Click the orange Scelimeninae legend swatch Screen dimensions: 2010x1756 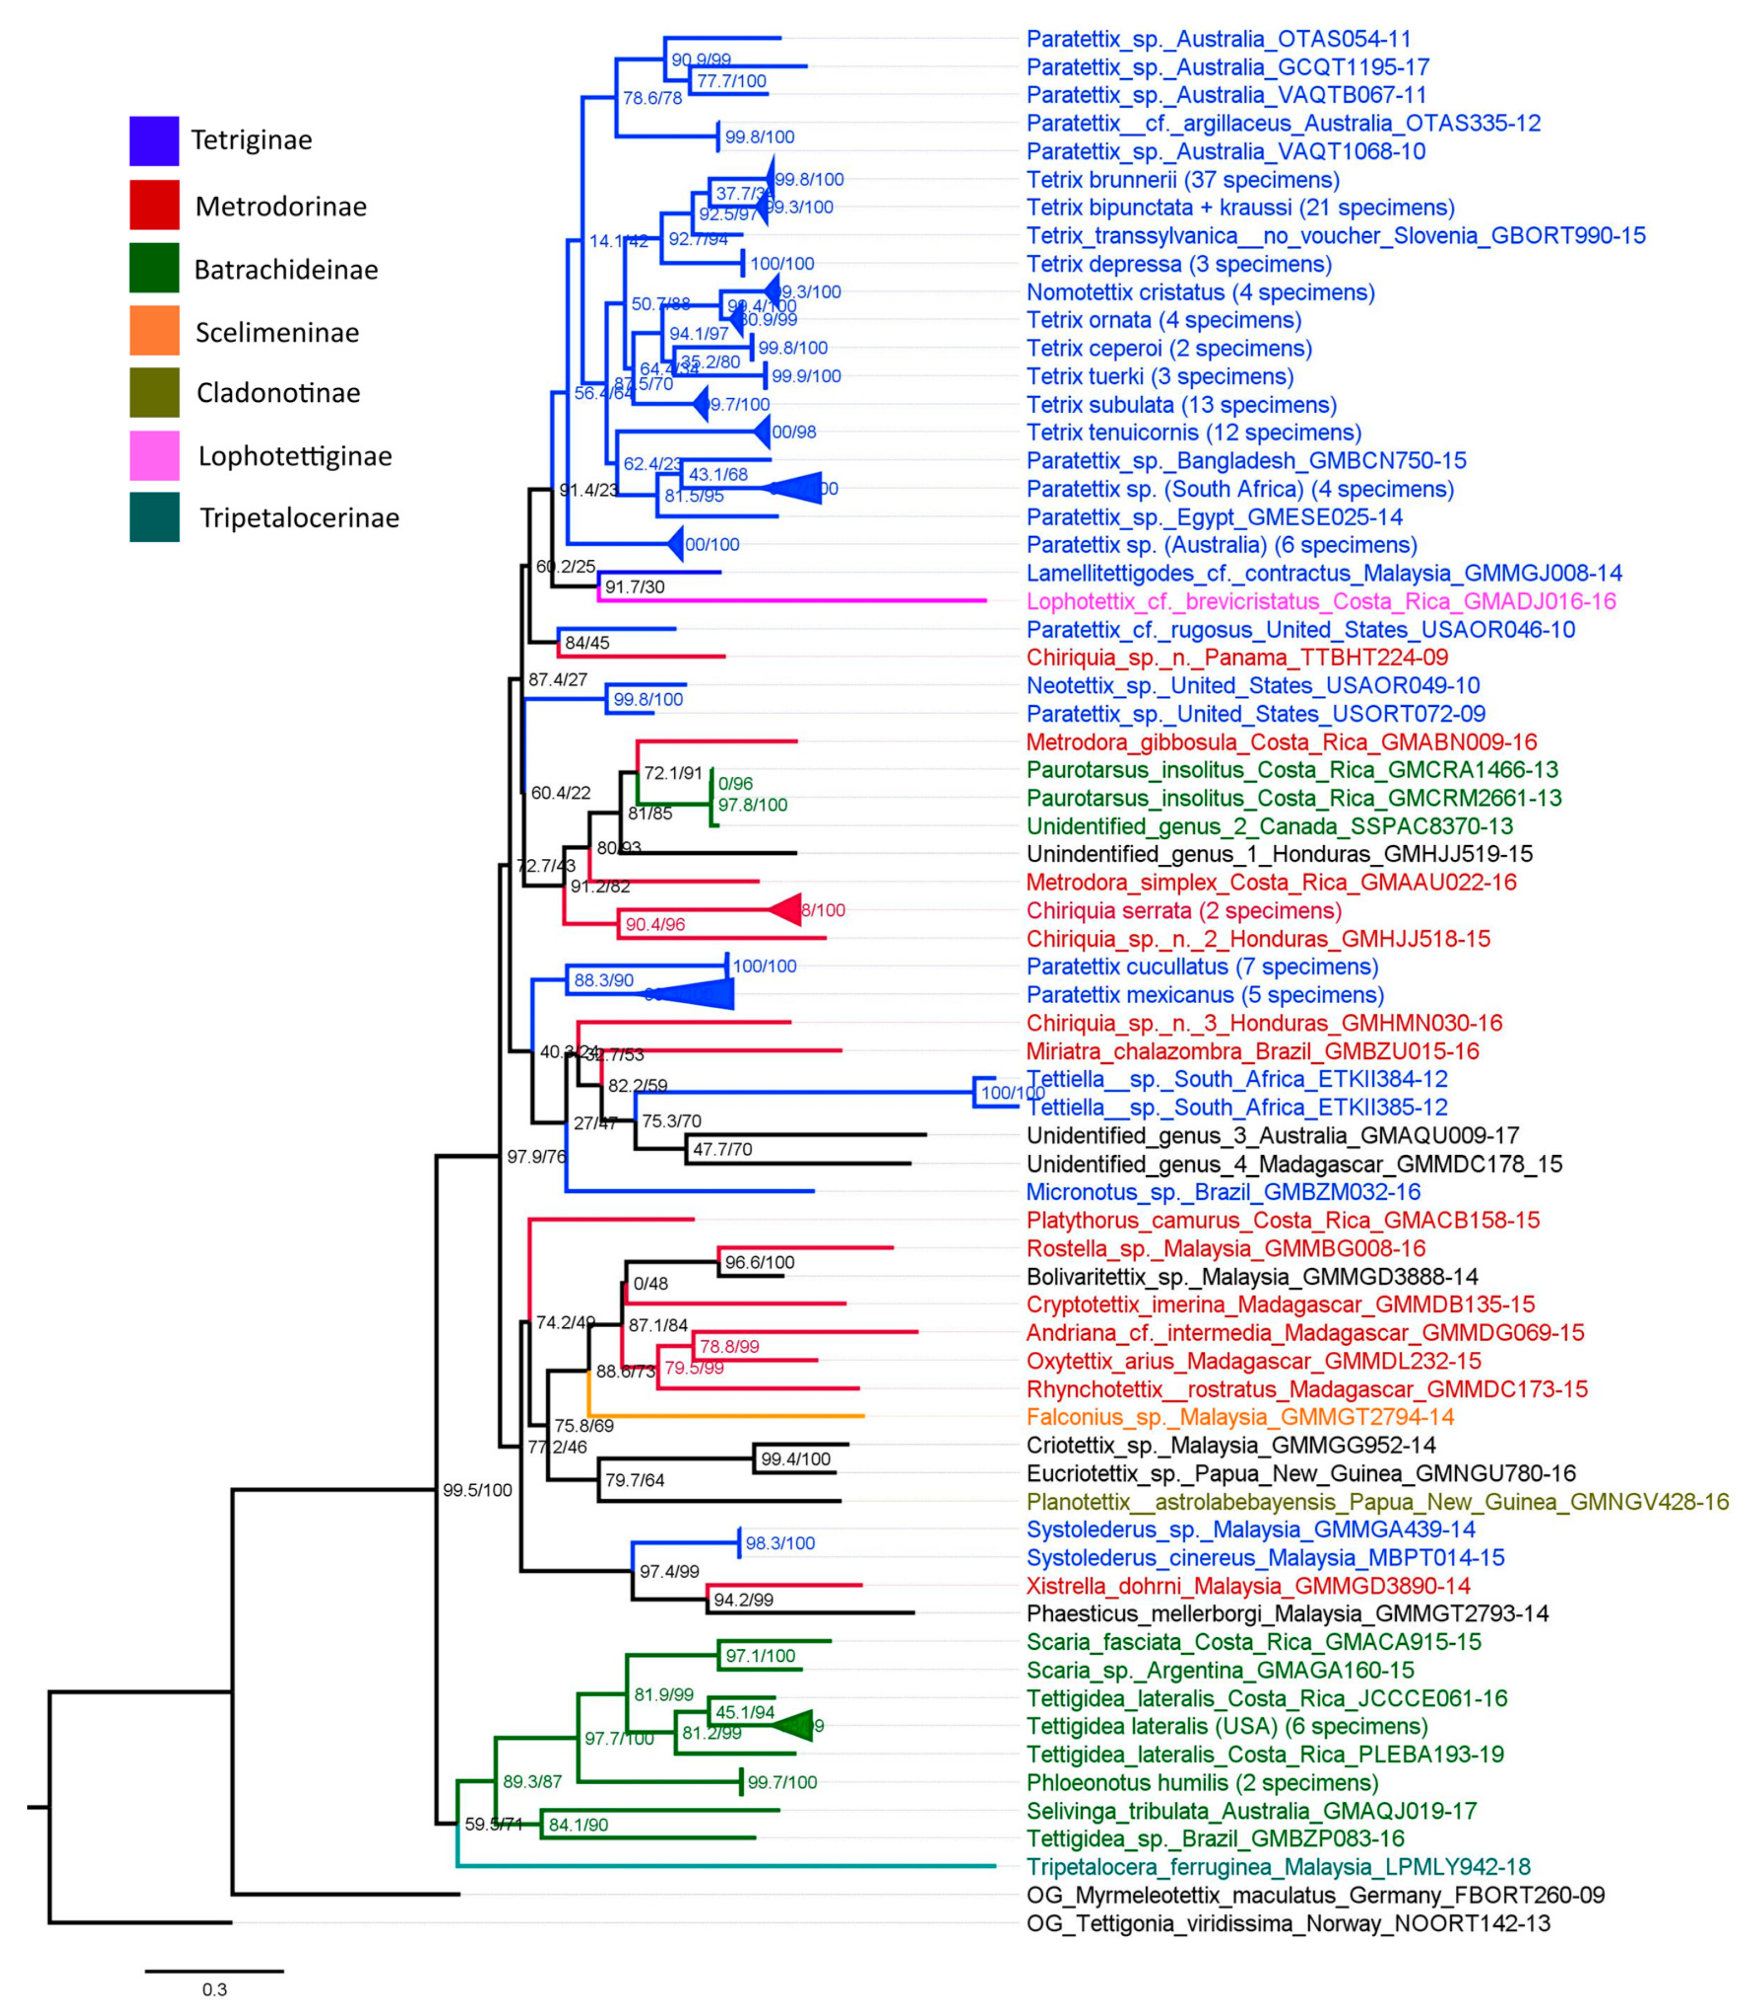pos(154,330)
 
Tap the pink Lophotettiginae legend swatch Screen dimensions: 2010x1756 pos(154,455)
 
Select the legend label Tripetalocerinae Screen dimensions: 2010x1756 pos(299,518)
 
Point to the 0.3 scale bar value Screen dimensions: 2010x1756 pos(214,1989)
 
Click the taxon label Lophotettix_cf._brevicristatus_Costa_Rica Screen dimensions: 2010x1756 pos(1321,601)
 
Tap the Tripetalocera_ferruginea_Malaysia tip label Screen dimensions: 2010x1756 pos(1278,1867)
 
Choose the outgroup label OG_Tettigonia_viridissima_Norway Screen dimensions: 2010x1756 pos(1287,1923)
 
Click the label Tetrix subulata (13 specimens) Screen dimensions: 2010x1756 pos(1181,405)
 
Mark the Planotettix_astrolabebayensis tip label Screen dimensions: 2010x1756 pos(1377,1502)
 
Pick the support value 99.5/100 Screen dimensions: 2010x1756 pos(477,1491)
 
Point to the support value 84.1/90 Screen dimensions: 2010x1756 pos(578,1825)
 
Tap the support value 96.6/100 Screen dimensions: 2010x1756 pos(760,1263)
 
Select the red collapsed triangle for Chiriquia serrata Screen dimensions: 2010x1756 pos(787,910)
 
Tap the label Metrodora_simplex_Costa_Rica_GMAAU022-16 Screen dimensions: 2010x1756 pos(1271,883)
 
